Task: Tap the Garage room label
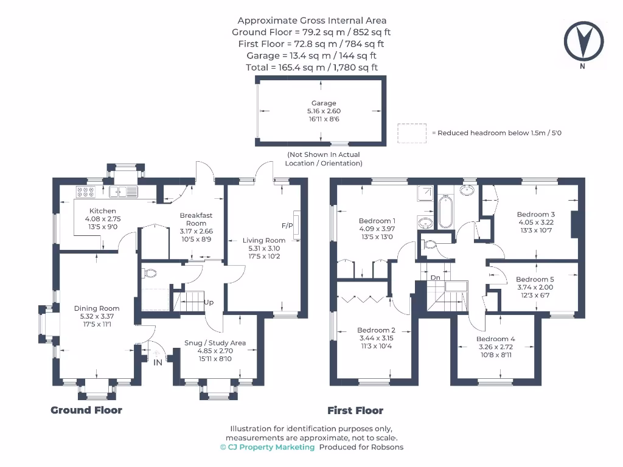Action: (324, 103)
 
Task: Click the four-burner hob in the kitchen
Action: (85, 192)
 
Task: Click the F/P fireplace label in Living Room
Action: (287, 226)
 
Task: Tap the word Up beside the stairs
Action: (209, 302)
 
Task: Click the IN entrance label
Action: (158, 362)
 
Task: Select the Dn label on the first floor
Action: (435, 277)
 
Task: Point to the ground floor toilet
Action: (148, 272)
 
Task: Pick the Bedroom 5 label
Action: (535, 280)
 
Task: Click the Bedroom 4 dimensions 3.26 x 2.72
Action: (495, 347)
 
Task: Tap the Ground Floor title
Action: (86, 410)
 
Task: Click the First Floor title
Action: (355, 410)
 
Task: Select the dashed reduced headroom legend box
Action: (412, 133)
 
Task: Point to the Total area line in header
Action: (311, 67)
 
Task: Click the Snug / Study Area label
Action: (215, 343)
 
